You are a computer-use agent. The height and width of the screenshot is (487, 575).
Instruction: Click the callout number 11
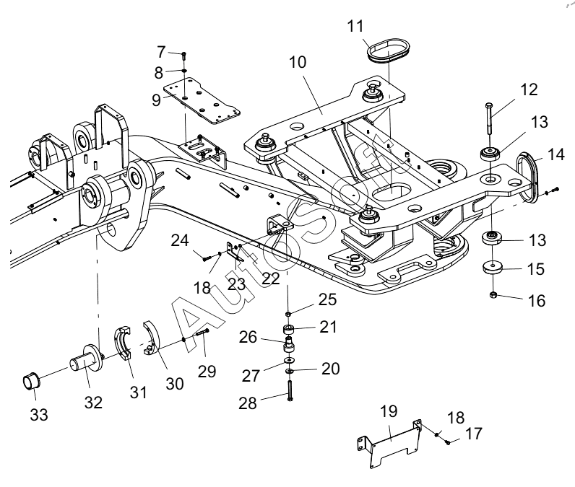click(355, 27)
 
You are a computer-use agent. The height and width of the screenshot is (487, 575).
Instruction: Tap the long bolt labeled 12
click(489, 119)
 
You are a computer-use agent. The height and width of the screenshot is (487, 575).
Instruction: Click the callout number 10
click(298, 62)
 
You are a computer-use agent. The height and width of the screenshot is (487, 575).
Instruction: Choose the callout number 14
click(556, 154)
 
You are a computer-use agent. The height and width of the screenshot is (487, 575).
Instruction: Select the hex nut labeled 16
click(493, 294)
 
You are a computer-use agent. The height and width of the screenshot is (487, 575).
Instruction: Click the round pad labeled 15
click(492, 267)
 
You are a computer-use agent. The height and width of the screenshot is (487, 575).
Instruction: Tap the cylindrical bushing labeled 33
click(31, 382)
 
